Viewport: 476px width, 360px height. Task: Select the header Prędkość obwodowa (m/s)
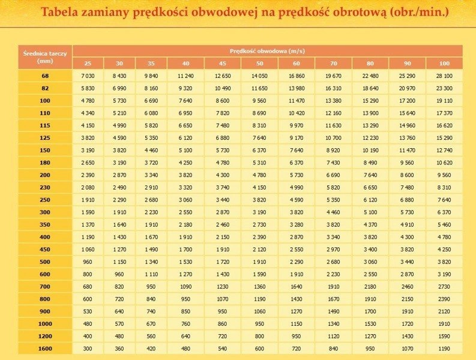pos(267,51)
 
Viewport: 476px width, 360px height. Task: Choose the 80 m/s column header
pos(369,64)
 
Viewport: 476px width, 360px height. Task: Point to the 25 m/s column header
pos(88,64)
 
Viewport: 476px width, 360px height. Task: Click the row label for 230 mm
pos(45,187)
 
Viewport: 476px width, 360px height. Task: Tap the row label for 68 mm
pos(45,76)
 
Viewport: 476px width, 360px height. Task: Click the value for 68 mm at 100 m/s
pos(444,76)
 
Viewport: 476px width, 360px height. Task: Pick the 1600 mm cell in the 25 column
pos(88,349)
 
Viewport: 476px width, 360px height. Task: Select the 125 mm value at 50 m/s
pos(259,138)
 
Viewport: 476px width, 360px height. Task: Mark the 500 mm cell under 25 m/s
pos(88,262)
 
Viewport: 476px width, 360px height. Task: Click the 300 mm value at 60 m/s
pos(297,212)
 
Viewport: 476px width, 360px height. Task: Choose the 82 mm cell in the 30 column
pos(119,88)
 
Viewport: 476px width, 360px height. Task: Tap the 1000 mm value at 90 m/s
pos(407,324)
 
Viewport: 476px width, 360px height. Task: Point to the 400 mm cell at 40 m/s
pos(185,237)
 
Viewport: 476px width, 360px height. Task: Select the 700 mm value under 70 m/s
pos(333,287)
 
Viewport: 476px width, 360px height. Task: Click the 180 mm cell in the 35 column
pos(151,163)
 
